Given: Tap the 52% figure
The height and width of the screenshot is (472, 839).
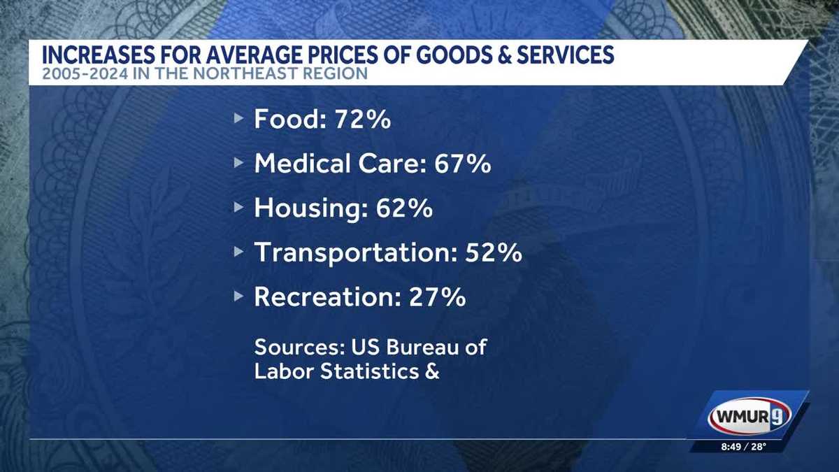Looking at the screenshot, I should click(x=494, y=252).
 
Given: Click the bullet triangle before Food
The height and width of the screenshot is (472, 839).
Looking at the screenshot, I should click(x=239, y=120).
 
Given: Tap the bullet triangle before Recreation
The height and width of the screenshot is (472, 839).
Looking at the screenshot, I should click(x=239, y=297).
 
